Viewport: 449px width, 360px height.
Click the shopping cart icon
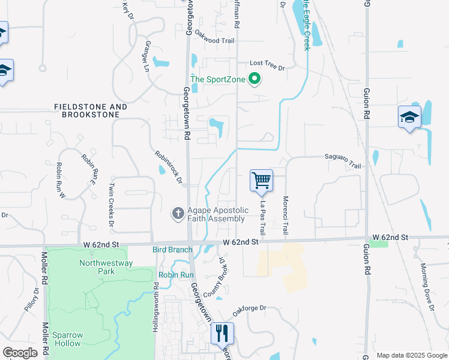(261, 180)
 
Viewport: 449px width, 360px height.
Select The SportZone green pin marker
(255, 79)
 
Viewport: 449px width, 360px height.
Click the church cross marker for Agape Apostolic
(178, 214)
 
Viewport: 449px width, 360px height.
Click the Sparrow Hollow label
(67, 339)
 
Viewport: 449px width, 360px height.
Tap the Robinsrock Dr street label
(167, 167)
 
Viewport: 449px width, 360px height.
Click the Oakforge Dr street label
(249, 308)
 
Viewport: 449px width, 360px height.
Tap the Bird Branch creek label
(172, 249)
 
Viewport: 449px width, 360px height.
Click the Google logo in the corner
(20, 352)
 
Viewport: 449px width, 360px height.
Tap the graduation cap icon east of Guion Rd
(409, 117)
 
